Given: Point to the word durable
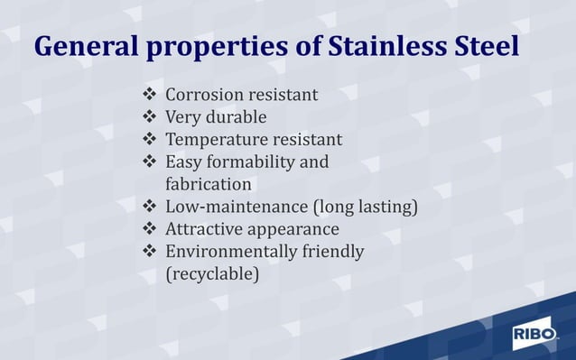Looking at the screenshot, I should (x=236, y=117).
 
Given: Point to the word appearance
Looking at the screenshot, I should (x=293, y=230).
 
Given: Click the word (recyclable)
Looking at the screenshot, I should (x=213, y=273).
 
